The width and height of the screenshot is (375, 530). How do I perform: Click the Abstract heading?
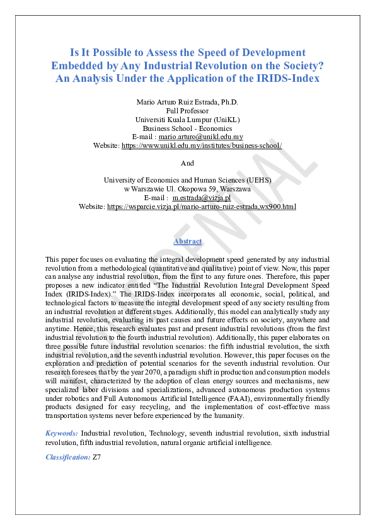187,241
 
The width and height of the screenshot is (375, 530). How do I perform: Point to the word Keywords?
62,433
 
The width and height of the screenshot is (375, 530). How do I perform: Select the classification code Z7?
96,457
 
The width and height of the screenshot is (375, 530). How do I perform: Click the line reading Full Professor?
187,110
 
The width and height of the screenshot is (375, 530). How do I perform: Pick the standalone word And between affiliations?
187,163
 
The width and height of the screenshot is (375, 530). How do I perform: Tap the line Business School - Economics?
187,128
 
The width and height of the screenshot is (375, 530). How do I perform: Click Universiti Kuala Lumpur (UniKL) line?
187,119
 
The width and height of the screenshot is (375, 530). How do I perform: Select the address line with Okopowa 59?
187,189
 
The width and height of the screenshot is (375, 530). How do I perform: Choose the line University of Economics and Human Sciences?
187,180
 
